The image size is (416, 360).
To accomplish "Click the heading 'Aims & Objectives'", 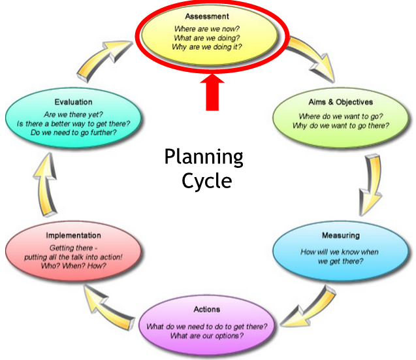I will pos(340,103).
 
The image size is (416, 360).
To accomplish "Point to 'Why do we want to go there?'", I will pos(341,125).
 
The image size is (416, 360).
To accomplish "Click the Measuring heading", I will pos(340,235).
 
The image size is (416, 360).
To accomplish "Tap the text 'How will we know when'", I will pos(340,252).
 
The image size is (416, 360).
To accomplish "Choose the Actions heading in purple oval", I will pos(207,309).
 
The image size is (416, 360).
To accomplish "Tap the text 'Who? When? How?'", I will pos(73,266).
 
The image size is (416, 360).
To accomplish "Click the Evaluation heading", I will pos(74,103).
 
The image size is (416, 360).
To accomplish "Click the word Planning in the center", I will pos(203,157).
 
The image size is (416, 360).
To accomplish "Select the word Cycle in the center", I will pos(206,180).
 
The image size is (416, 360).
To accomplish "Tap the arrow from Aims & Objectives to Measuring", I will pos(372,178).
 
